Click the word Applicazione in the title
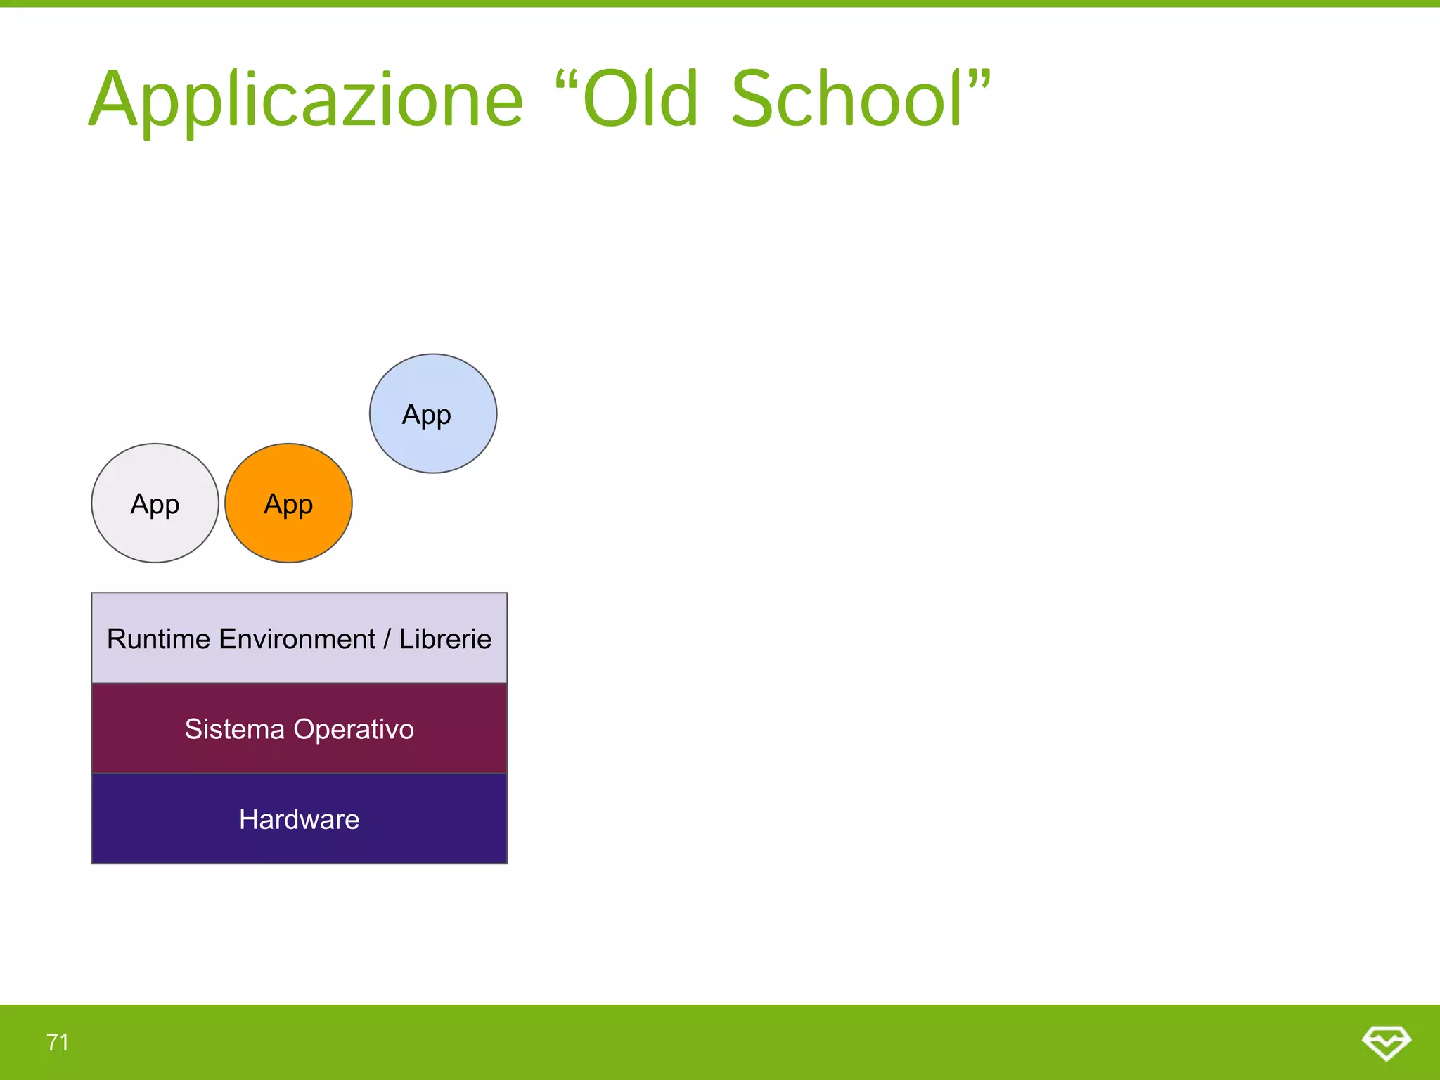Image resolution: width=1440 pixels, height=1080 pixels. [306, 100]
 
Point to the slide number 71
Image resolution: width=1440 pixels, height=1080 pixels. [58, 1042]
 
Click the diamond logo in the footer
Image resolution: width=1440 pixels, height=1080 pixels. [1386, 1042]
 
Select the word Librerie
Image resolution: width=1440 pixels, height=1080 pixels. [445, 639]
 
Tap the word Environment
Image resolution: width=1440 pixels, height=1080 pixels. [297, 639]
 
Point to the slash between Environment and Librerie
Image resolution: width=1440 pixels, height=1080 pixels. [387, 639]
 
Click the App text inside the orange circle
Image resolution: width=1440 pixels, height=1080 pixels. [288, 504]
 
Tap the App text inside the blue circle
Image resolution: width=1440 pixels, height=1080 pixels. [426, 415]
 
